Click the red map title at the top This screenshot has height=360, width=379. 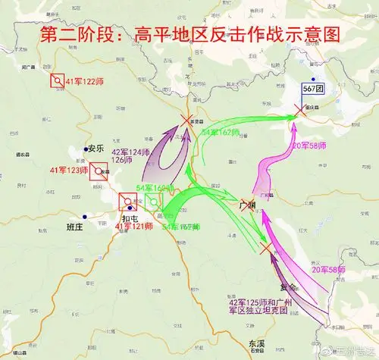(190, 35)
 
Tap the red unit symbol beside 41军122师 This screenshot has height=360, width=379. (57, 80)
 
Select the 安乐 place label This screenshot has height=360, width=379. (95, 149)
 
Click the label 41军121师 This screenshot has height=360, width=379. (133, 227)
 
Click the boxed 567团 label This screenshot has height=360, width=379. (313, 89)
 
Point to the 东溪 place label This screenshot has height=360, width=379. (256, 344)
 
